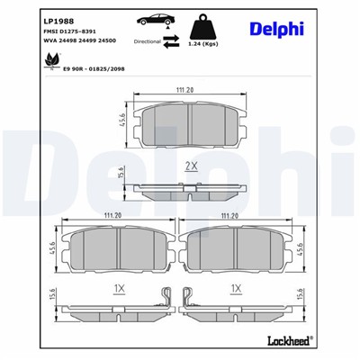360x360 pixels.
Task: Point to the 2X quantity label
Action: (190, 166)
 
